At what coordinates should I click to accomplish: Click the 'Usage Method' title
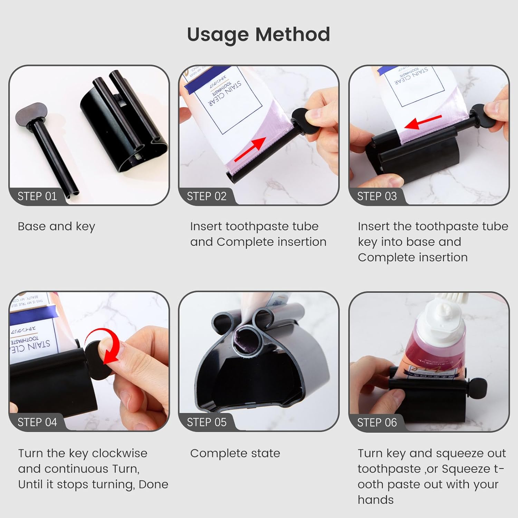click(258, 35)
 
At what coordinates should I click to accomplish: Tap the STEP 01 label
click(37, 196)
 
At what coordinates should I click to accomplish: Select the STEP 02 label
click(207, 196)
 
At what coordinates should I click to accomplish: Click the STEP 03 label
click(377, 196)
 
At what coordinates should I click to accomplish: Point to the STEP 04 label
click(37, 422)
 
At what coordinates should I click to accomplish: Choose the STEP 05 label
click(207, 422)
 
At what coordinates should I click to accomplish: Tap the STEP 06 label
click(377, 422)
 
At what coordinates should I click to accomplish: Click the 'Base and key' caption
click(56, 227)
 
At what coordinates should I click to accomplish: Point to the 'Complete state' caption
click(235, 453)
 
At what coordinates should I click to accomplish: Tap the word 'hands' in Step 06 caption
click(375, 500)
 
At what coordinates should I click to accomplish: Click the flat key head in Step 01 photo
click(29, 113)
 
